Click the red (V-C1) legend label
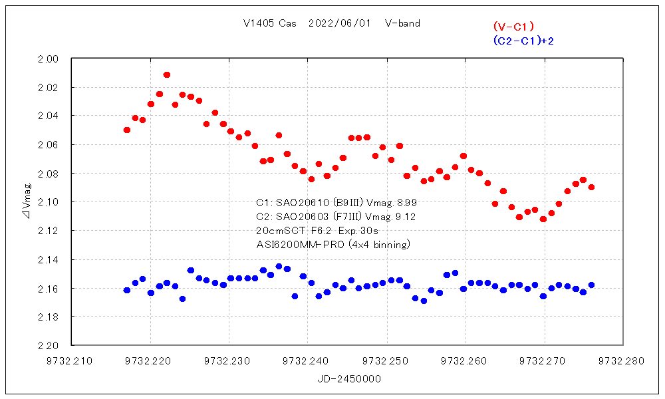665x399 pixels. (513, 27)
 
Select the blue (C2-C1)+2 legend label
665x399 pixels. (524, 41)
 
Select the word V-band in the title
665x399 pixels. (402, 23)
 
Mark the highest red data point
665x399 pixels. (167, 74)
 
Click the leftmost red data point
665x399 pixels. (127, 130)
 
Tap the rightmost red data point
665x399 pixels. (591, 187)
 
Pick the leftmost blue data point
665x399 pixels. (127, 290)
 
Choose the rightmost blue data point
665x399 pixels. (591, 285)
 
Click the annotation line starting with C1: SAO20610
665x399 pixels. (336, 201)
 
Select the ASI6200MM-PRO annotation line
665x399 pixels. (333, 245)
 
